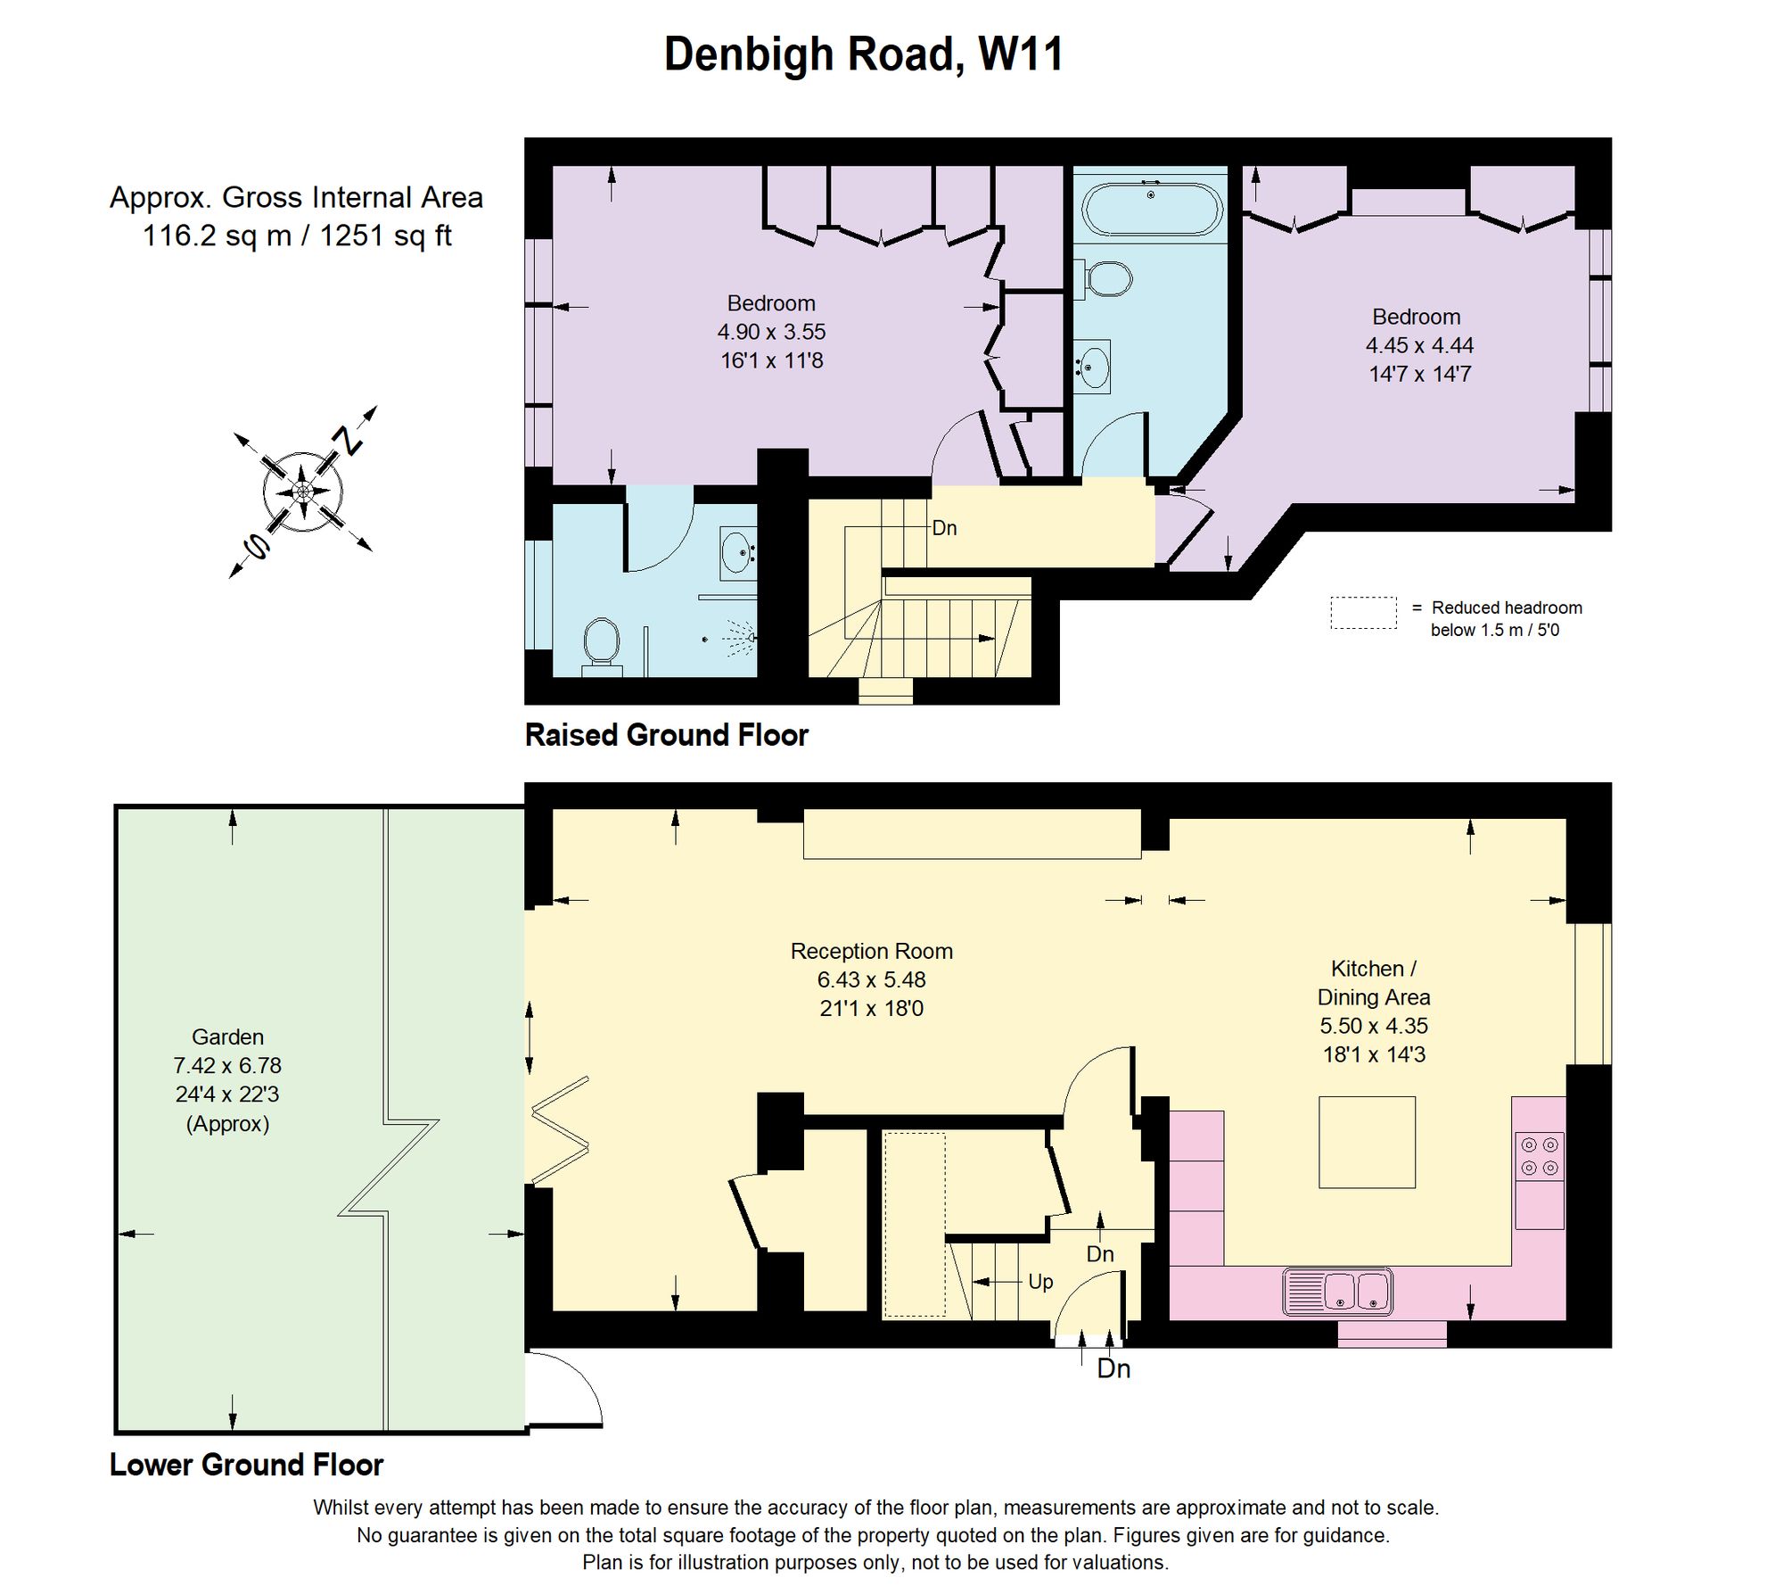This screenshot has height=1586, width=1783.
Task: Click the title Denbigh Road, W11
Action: (863, 54)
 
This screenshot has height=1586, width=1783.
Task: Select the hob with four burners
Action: (1540, 1156)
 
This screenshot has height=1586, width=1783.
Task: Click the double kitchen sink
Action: (1337, 1292)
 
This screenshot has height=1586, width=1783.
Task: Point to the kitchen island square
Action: (1367, 1142)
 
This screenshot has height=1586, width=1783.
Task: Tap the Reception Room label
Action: (872, 951)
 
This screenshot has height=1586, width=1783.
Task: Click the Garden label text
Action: (228, 1037)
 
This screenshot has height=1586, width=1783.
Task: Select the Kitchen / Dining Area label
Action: (1374, 982)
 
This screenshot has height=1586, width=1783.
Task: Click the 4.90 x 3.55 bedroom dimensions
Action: (772, 332)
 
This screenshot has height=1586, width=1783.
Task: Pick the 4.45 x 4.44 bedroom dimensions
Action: (1420, 345)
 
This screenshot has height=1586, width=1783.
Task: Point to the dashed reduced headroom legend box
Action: (1364, 613)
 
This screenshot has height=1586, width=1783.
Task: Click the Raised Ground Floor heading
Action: (666, 735)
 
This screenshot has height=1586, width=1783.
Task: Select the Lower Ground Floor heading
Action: (246, 1465)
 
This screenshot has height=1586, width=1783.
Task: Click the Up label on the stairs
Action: (1040, 1282)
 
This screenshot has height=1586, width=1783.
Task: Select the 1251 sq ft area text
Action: (386, 236)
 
